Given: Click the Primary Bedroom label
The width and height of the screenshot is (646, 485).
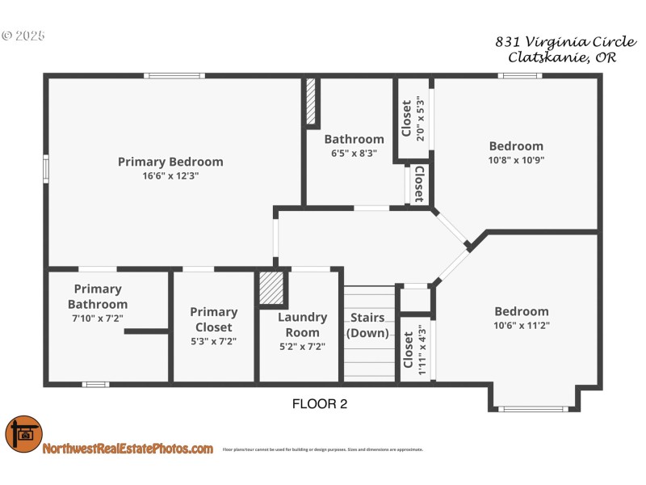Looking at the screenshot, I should pos(170,162).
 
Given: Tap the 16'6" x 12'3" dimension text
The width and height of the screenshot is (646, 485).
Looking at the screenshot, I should pos(170,175).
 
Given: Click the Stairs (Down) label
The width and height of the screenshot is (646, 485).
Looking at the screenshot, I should pos(367,325).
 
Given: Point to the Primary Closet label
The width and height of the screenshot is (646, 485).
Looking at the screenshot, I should pos(214,319).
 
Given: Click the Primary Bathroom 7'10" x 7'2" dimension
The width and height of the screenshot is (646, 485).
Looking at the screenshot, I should pos(98,318).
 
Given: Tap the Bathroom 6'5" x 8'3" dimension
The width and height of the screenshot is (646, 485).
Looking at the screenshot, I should pos(354,153).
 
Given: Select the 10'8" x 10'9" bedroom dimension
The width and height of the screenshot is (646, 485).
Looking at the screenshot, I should pos(516,160).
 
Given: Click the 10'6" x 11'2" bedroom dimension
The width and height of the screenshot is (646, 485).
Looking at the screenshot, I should pos(521,325).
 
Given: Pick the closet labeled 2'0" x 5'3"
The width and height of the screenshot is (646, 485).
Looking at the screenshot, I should pos(412,119).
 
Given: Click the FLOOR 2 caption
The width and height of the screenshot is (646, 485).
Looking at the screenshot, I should pos(319,404).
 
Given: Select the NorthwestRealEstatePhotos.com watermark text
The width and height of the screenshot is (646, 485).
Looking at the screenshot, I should pos(128,449).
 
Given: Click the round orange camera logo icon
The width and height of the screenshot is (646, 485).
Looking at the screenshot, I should pos(23,435).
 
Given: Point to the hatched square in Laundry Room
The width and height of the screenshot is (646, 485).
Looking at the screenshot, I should pos(271,288).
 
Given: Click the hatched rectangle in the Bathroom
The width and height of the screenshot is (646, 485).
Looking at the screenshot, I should pos(310,102).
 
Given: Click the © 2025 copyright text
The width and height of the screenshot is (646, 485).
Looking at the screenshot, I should pos(23,36).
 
